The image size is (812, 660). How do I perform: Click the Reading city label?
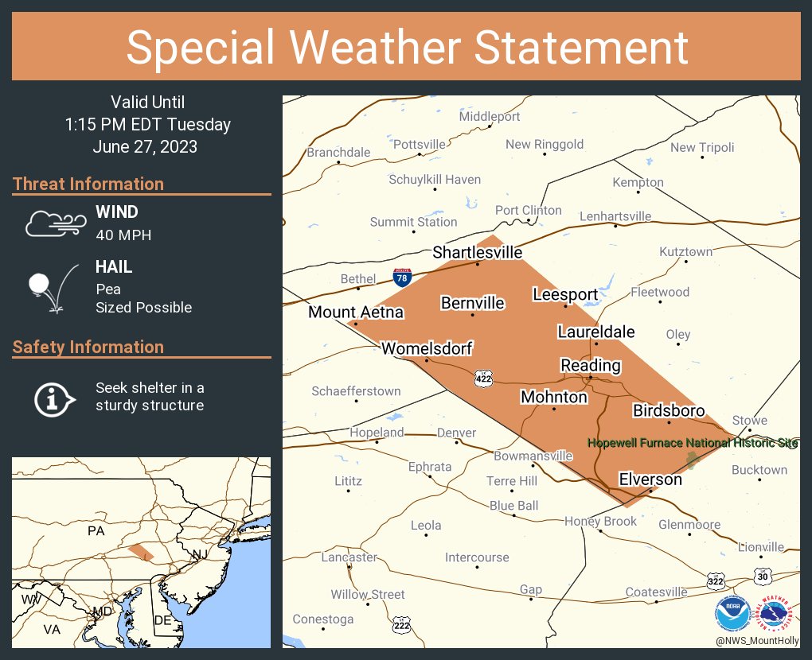click(590, 365)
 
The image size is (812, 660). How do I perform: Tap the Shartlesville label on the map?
click(478, 252)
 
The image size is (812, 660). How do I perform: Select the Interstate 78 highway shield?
click(403, 278)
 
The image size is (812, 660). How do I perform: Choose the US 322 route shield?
click(716, 581)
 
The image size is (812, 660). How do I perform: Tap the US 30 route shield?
click(763, 574)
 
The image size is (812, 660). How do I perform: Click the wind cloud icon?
click(54, 223)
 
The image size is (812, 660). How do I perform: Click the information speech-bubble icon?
click(53, 398)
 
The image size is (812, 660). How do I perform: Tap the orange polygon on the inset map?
click(141, 553)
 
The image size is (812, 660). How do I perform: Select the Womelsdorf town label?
click(427, 348)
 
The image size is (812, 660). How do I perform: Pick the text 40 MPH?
click(123, 235)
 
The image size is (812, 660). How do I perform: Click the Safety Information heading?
click(88, 347)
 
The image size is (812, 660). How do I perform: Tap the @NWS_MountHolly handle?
click(755, 639)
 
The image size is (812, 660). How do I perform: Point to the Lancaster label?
click(349, 557)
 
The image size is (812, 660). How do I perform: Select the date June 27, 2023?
click(145, 146)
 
